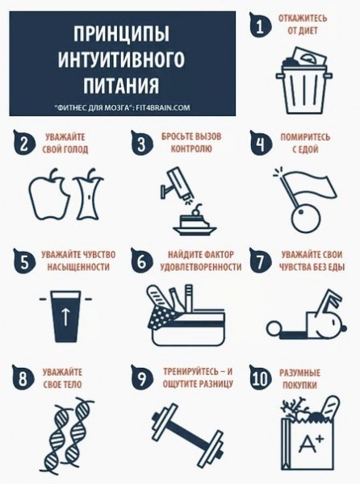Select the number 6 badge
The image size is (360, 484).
(142, 261)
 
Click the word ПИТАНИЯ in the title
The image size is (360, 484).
(122, 86)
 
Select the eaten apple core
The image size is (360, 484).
(90, 194)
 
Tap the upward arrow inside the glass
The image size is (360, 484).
(65, 317)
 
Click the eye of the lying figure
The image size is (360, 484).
(333, 322)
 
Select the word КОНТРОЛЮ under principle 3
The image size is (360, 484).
(191, 148)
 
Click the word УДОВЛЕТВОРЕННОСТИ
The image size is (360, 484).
(201, 267)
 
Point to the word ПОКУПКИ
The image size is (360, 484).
(299, 386)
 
